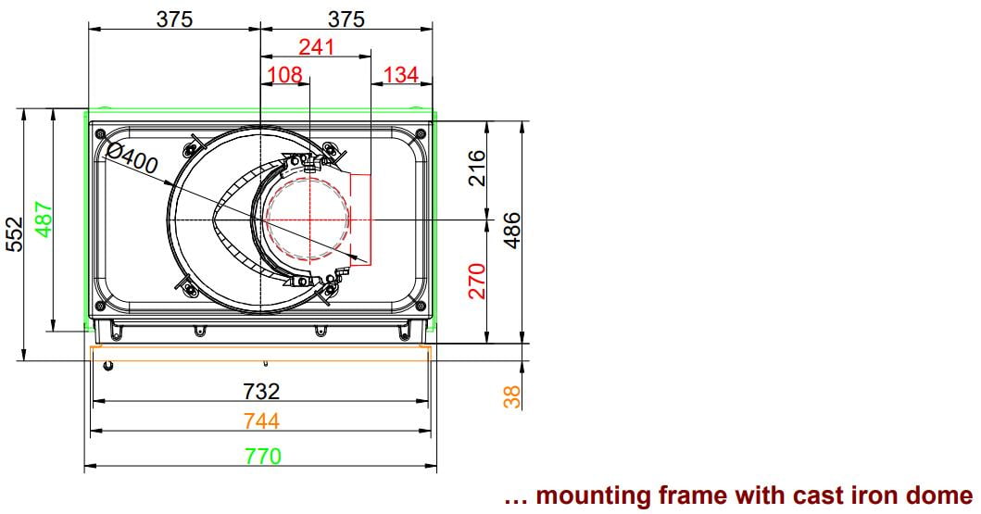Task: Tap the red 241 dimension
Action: tap(317, 47)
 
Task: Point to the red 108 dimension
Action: tap(284, 75)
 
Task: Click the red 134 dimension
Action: tap(400, 75)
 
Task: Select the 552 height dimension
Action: tap(14, 234)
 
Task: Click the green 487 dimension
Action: tap(44, 219)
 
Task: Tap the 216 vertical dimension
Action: tap(477, 167)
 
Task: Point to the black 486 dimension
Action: tap(511, 230)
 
